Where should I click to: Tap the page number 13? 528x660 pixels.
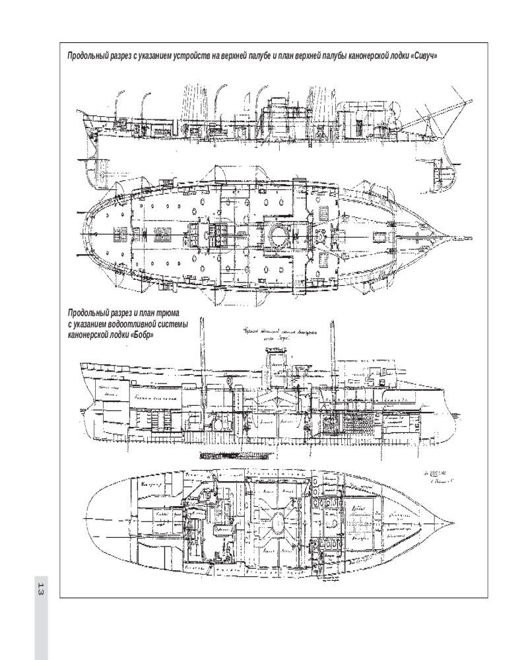(x=41, y=590)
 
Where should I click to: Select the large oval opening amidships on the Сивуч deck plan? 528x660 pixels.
(x=277, y=235)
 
